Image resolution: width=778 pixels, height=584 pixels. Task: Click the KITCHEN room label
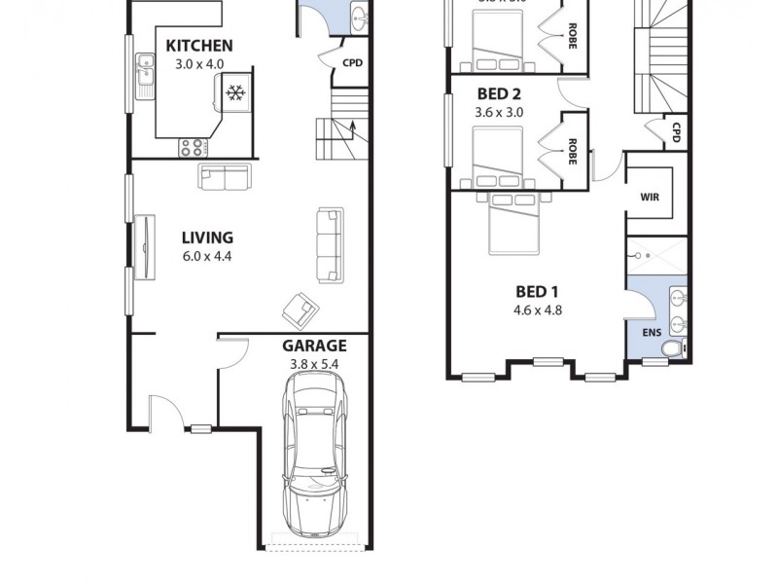click(x=198, y=46)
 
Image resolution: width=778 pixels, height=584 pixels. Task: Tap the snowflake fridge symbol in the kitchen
click(x=233, y=93)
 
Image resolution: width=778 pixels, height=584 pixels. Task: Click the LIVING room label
click(x=207, y=237)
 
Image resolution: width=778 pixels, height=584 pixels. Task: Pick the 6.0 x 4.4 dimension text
click(x=207, y=257)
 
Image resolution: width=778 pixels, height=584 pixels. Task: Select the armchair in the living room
click(x=301, y=310)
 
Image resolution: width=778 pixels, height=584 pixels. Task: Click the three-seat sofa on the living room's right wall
click(x=330, y=243)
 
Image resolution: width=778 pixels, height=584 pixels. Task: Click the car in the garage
click(x=314, y=455)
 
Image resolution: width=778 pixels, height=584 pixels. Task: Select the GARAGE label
click(x=314, y=346)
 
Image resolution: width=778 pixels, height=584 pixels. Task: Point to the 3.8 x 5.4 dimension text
click(x=314, y=365)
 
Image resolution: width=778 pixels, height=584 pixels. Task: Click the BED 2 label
click(x=499, y=94)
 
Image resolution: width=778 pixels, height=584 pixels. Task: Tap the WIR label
click(x=651, y=196)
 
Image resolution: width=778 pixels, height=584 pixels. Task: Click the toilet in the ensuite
click(x=680, y=347)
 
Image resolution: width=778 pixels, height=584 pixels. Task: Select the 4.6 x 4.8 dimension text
click(x=539, y=310)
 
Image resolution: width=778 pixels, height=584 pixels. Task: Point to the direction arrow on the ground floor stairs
click(x=352, y=128)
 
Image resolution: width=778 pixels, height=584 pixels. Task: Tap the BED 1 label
click(x=538, y=291)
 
